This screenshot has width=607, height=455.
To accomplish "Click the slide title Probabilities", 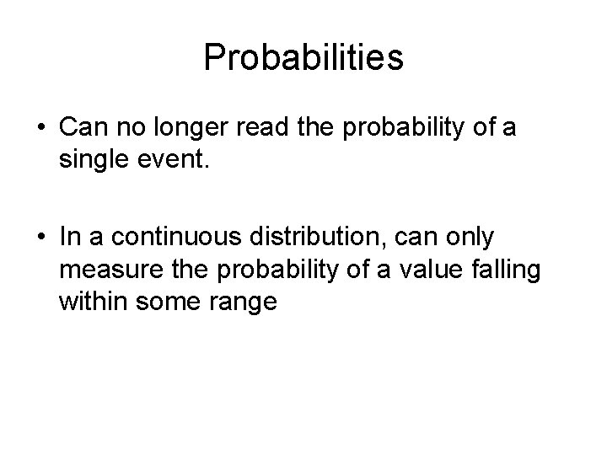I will click(303, 57).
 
